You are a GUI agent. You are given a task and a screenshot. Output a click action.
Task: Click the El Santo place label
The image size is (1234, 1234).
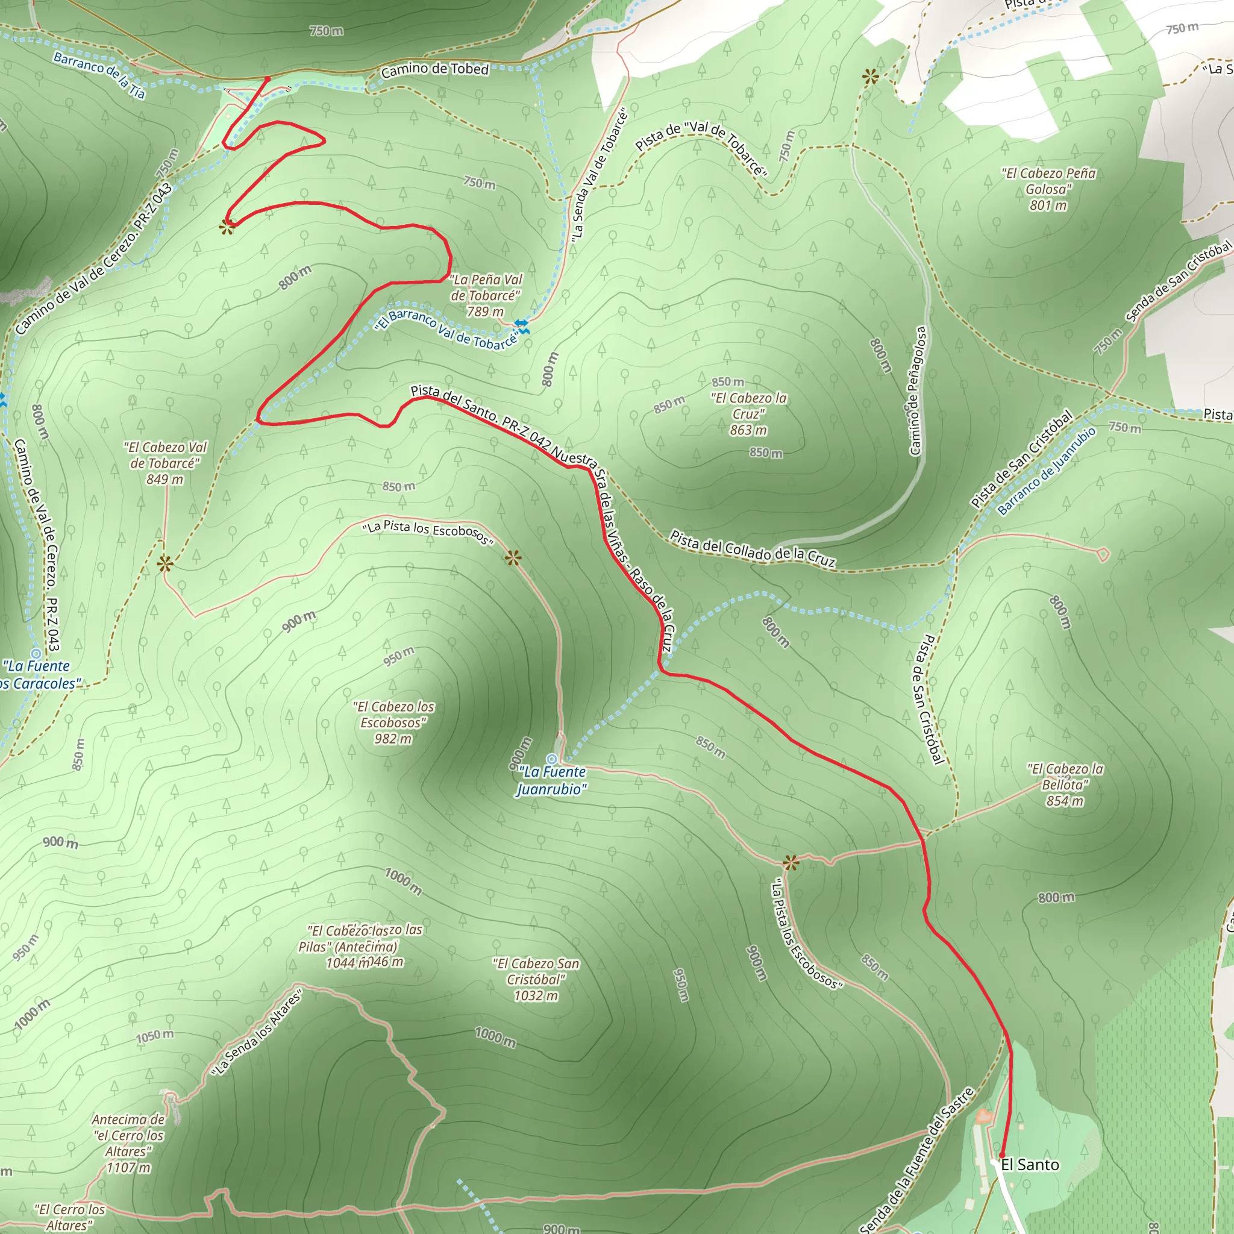coord(1030,1164)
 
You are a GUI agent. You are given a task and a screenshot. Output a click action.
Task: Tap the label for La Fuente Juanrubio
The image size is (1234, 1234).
coord(552,780)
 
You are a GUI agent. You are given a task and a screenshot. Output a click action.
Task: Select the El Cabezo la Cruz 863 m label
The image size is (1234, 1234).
coord(748,414)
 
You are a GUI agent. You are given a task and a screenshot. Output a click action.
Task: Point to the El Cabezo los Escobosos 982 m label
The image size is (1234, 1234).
coord(393,722)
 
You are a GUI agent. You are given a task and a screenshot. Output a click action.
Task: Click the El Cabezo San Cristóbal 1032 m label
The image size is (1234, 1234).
coord(536,979)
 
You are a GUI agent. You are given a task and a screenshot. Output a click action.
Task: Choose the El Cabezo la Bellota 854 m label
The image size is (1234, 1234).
coord(1065,785)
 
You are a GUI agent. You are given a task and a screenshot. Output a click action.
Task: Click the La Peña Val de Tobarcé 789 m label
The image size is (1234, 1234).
coord(486,295)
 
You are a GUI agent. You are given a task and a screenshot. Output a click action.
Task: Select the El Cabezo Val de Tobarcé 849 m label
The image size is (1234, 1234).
coord(164,463)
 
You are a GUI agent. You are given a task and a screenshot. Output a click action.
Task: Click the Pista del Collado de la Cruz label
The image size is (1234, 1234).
coord(753,548)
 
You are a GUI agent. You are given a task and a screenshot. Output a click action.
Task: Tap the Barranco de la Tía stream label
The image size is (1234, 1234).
coord(99,75)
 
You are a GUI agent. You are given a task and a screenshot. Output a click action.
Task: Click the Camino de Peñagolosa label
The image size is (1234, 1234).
coord(917,391)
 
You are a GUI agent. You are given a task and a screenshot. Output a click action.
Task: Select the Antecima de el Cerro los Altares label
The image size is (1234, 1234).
coord(128,1143)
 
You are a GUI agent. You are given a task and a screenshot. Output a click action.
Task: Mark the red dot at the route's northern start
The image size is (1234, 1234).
coord(268,79)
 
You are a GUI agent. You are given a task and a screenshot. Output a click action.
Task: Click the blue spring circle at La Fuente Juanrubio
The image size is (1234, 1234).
coord(552,759)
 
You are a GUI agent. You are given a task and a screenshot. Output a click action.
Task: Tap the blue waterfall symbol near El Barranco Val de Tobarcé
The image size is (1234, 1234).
coord(522,326)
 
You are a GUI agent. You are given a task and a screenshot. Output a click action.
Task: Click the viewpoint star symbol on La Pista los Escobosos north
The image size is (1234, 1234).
coord(513,559)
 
